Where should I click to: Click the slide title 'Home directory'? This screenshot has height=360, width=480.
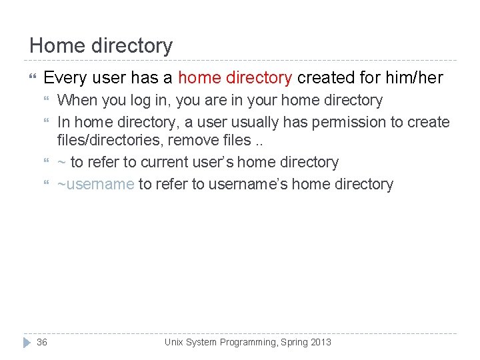point(101,46)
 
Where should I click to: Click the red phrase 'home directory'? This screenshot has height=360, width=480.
point(235,78)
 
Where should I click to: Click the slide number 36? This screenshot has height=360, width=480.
point(42,342)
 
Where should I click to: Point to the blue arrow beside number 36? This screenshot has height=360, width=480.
point(27,342)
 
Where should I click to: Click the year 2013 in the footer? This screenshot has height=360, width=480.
point(320,342)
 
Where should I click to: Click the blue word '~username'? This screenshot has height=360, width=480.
point(96,184)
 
